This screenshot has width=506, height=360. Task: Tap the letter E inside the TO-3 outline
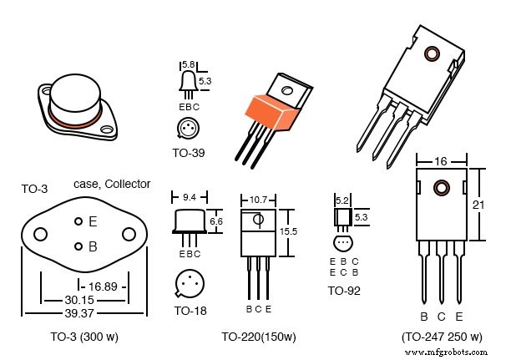point(93,221)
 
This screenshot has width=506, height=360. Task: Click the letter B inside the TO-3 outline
point(93,246)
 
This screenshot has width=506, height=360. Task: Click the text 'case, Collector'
point(112,184)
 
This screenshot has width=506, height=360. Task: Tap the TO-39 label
point(189,153)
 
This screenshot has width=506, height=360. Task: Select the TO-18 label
point(190,311)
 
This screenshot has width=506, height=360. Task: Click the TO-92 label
point(344,291)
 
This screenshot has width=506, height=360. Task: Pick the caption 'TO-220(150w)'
point(259,337)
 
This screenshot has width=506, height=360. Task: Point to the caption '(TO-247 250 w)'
point(442,337)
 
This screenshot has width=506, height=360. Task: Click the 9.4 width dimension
point(190,198)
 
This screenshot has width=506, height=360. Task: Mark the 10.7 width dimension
point(258,200)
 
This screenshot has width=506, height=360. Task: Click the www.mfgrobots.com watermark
point(458,354)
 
